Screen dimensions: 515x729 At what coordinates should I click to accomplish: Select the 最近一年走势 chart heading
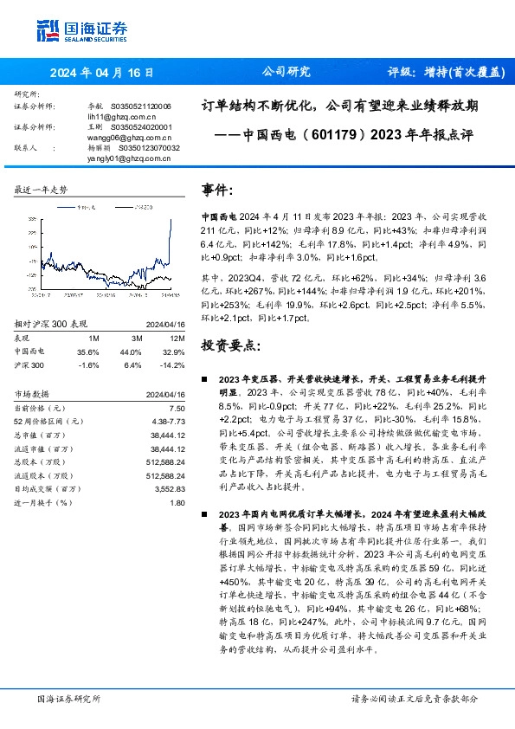coord(41,189)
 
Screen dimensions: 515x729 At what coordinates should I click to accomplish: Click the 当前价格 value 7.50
coord(177,407)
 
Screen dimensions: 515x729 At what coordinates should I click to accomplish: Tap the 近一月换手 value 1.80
coord(177,503)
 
